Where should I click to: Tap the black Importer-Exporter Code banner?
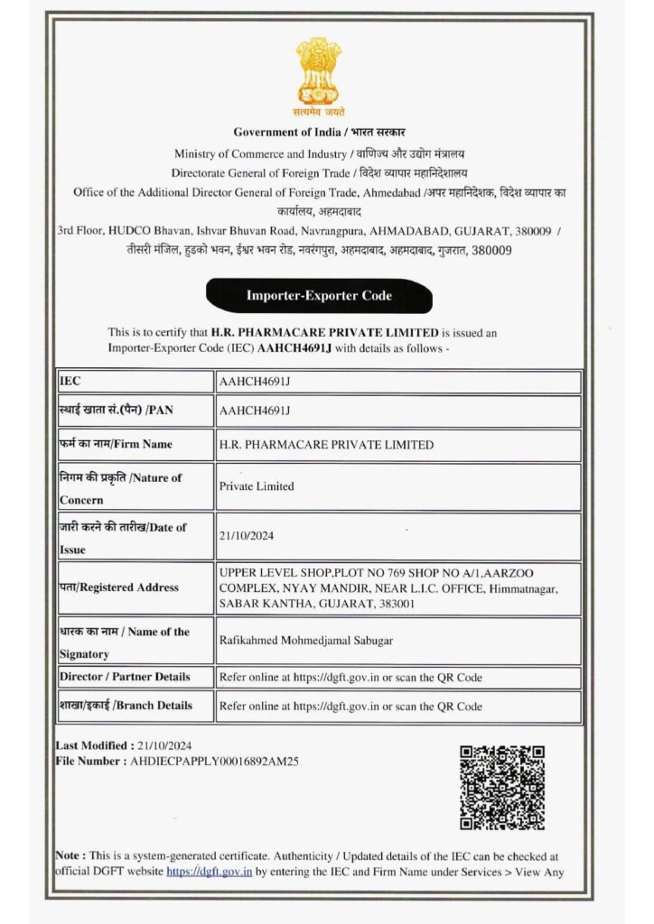(x=319, y=295)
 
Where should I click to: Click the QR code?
(x=502, y=787)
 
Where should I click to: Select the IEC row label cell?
(x=135, y=382)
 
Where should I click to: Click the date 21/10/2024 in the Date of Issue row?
(x=247, y=536)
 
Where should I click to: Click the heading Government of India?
(x=281, y=133)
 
